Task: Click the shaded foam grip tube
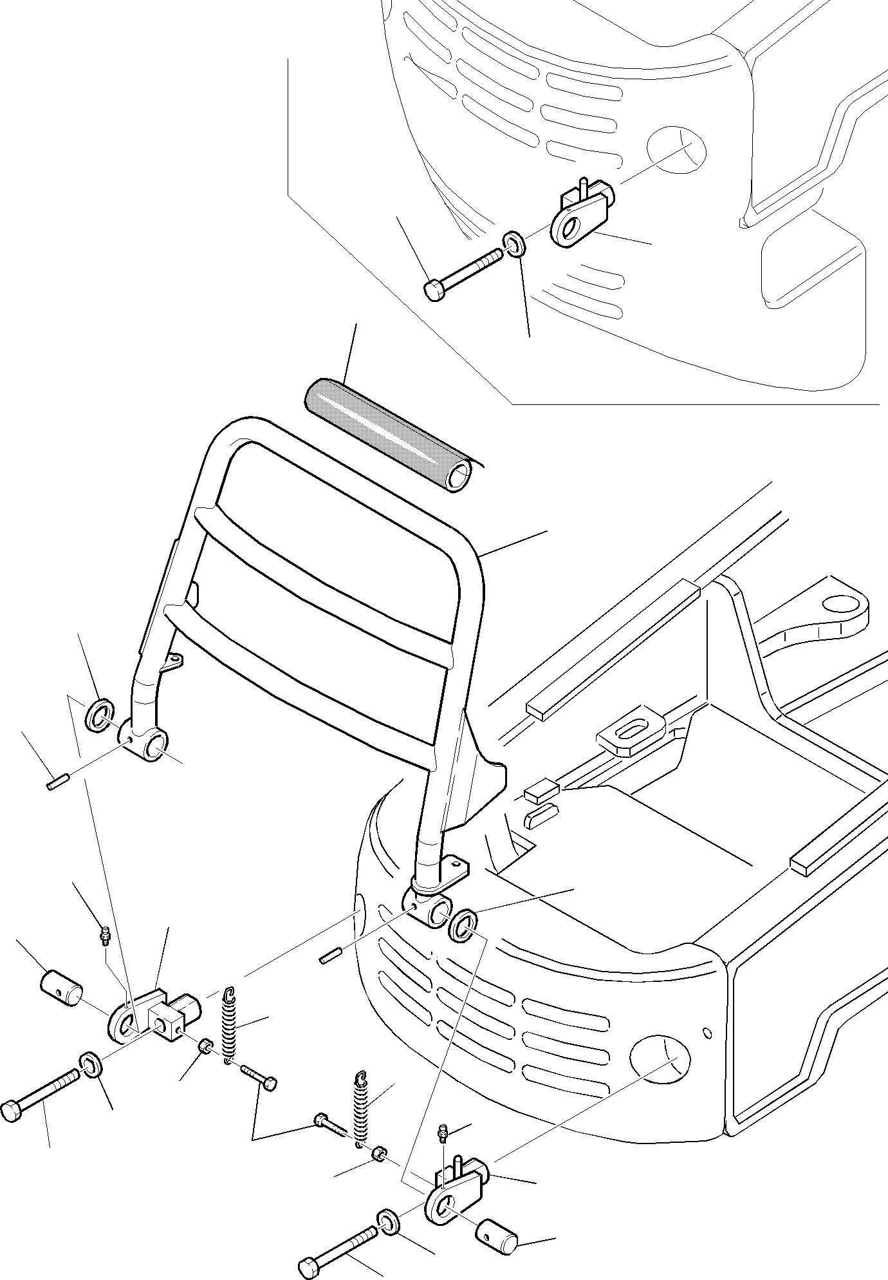pyautogui.click(x=391, y=435)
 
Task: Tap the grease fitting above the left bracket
pyautogui.click(x=105, y=936)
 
